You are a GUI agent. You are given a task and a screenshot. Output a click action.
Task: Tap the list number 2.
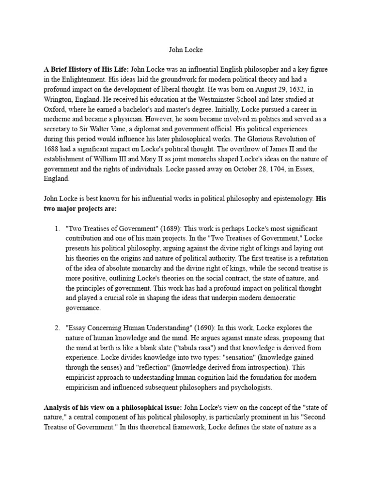click(x=57, y=327)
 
